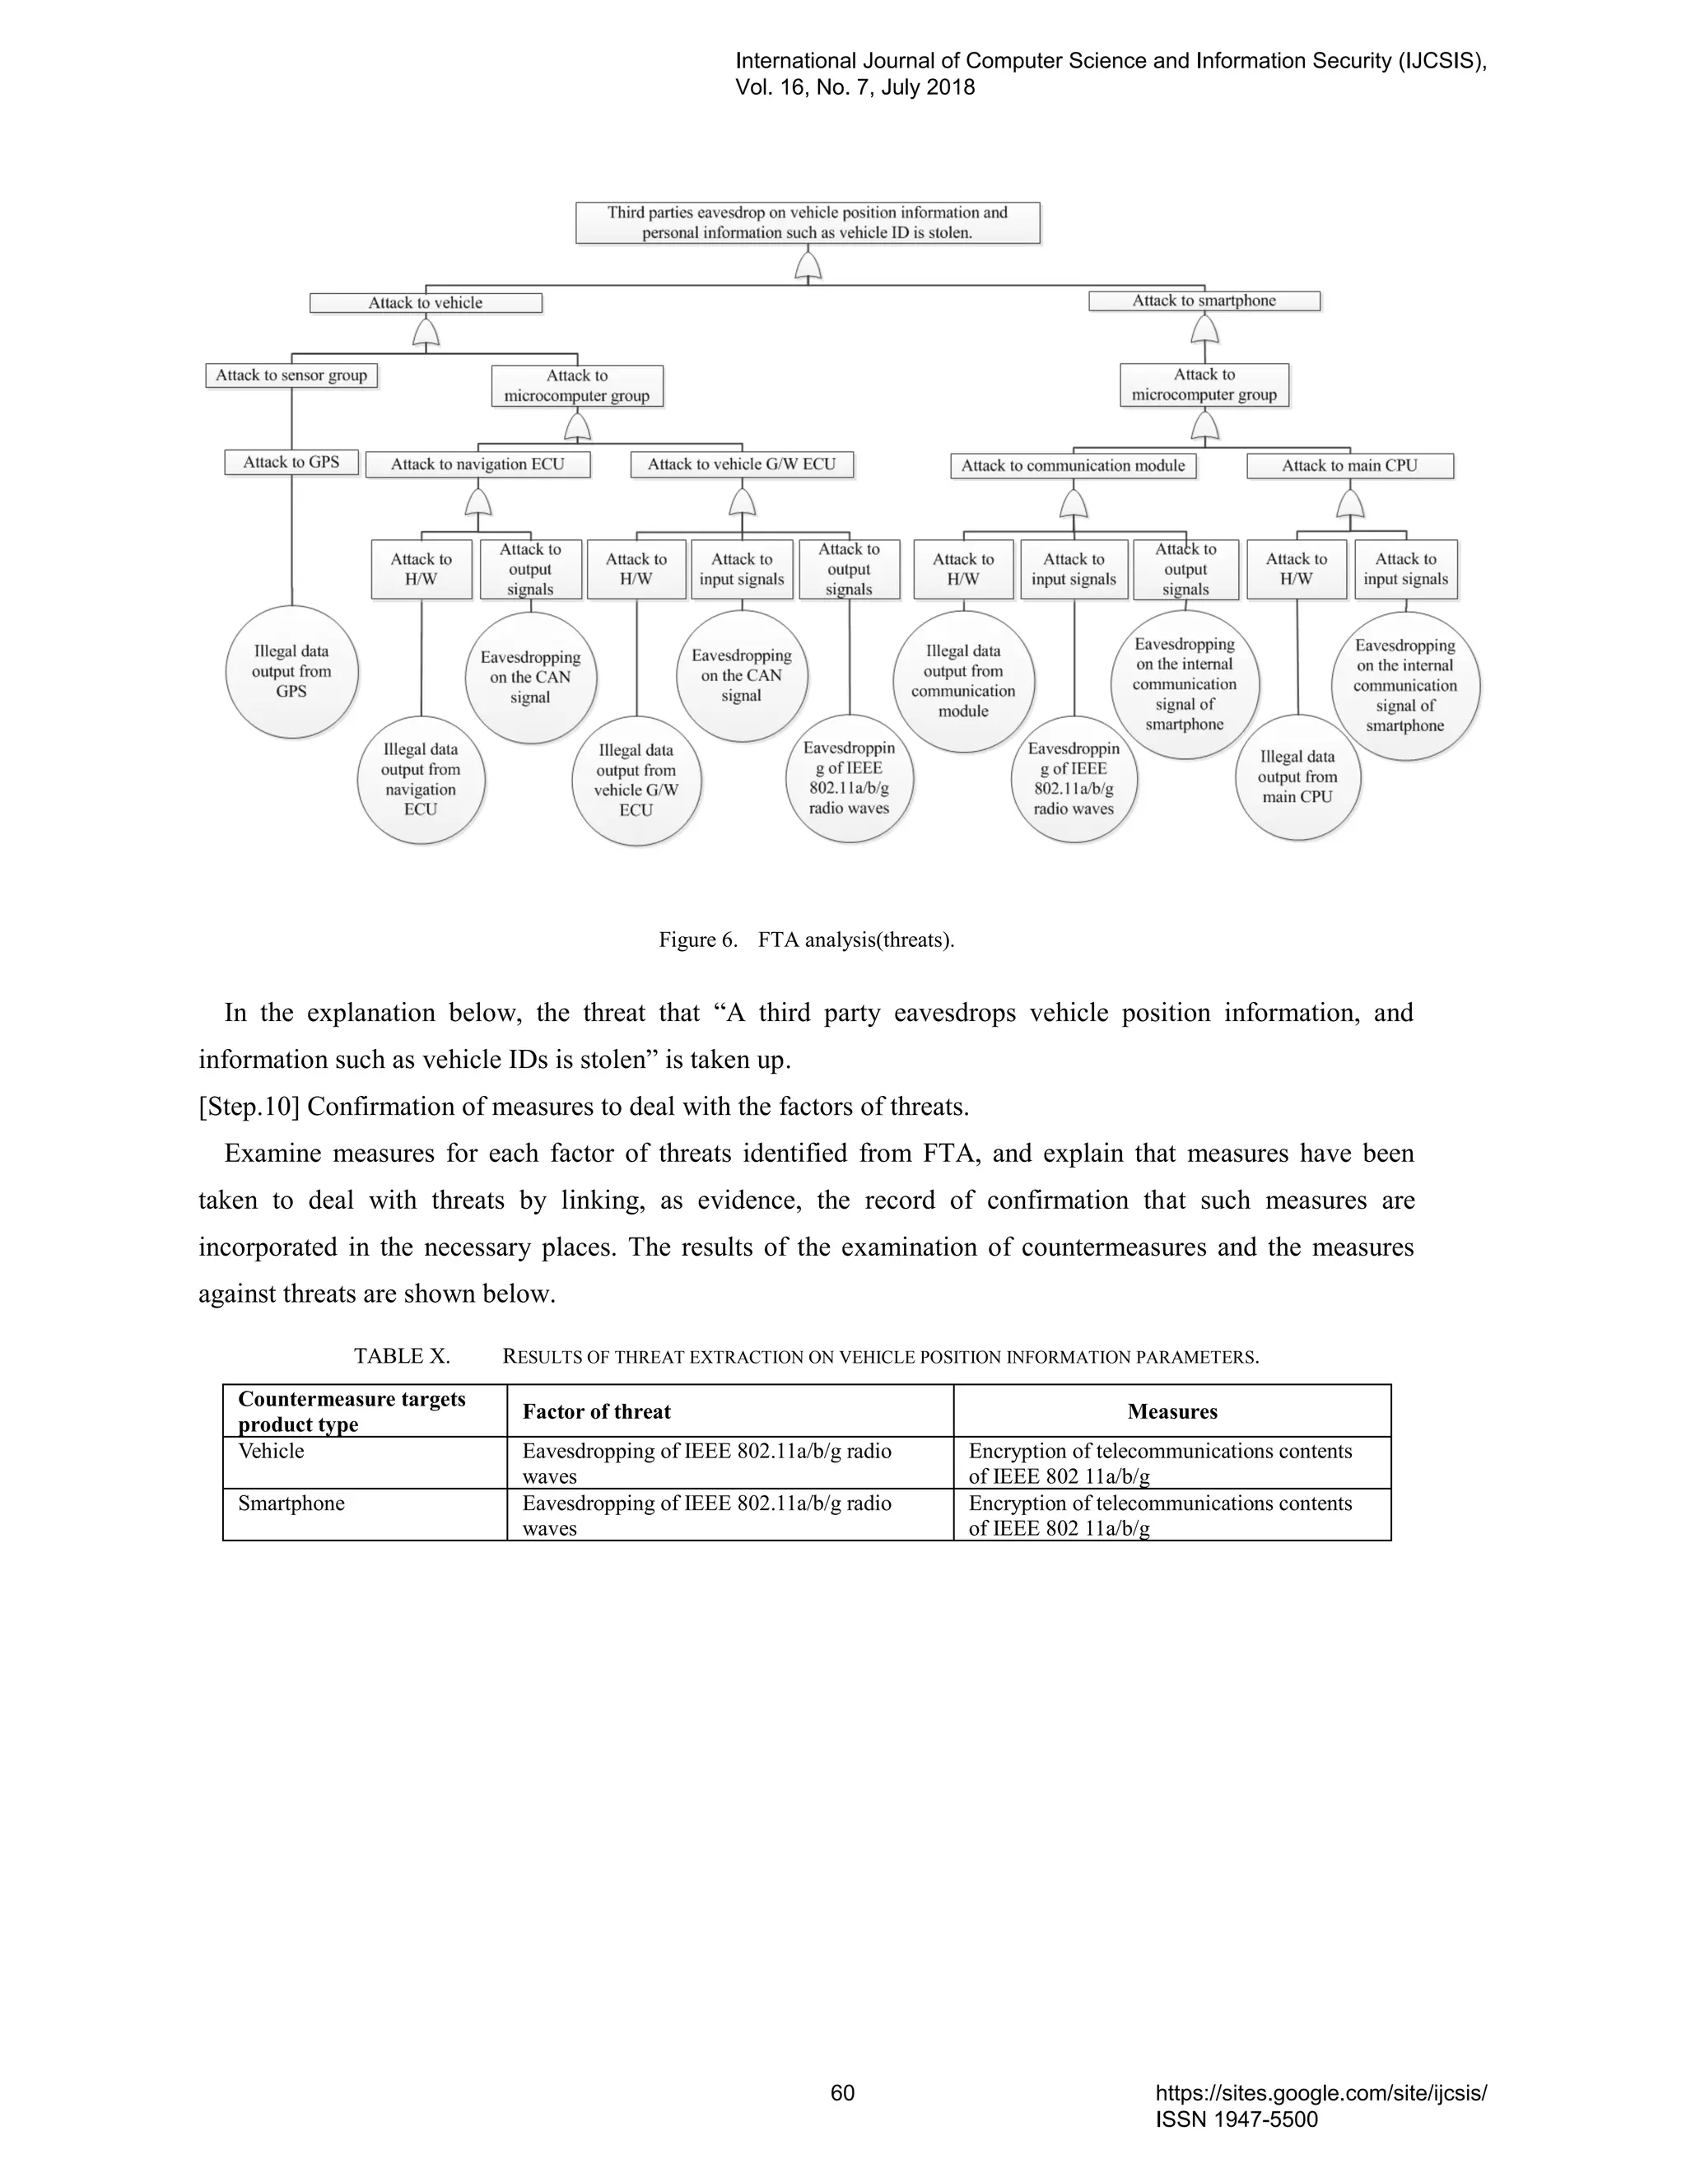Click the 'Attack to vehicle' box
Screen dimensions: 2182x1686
pyautogui.click(x=426, y=303)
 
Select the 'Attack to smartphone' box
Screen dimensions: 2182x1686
pyautogui.click(x=1204, y=301)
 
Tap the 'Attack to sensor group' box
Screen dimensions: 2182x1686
pyautogui.click(x=291, y=375)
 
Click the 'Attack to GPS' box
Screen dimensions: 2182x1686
pyautogui.click(x=291, y=463)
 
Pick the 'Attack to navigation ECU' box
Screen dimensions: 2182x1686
pyautogui.click(x=477, y=464)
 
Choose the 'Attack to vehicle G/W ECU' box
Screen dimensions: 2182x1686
pyautogui.click(x=741, y=464)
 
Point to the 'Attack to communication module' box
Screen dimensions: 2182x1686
pyautogui.click(x=1073, y=465)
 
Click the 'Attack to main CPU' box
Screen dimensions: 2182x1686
pyautogui.click(x=1349, y=465)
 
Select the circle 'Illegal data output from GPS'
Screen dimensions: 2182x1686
pyautogui.click(x=291, y=671)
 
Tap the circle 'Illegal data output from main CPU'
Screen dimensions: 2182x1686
pyautogui.click(x=1297, y=776)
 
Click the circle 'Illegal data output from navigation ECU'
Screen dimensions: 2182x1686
pyautogui.click(x=421, y=779)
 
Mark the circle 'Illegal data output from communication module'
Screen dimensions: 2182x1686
pyautogui.click(x=963, y=682)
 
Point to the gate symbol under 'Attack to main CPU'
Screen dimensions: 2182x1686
pyautogui.click(x=1350, y=501)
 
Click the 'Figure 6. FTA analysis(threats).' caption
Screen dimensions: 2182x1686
pyautogui.click(x=806, y=940)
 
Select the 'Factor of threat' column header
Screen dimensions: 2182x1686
pyautogui.click(x=596, y=1411)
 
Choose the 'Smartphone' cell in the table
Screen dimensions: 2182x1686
pyautogui.click(x=291, y=1504)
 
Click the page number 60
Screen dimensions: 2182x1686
pyautogui.click(x=843, y=2093)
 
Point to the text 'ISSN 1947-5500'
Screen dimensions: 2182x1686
pyautogui.click(x=1237, y=2119)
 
